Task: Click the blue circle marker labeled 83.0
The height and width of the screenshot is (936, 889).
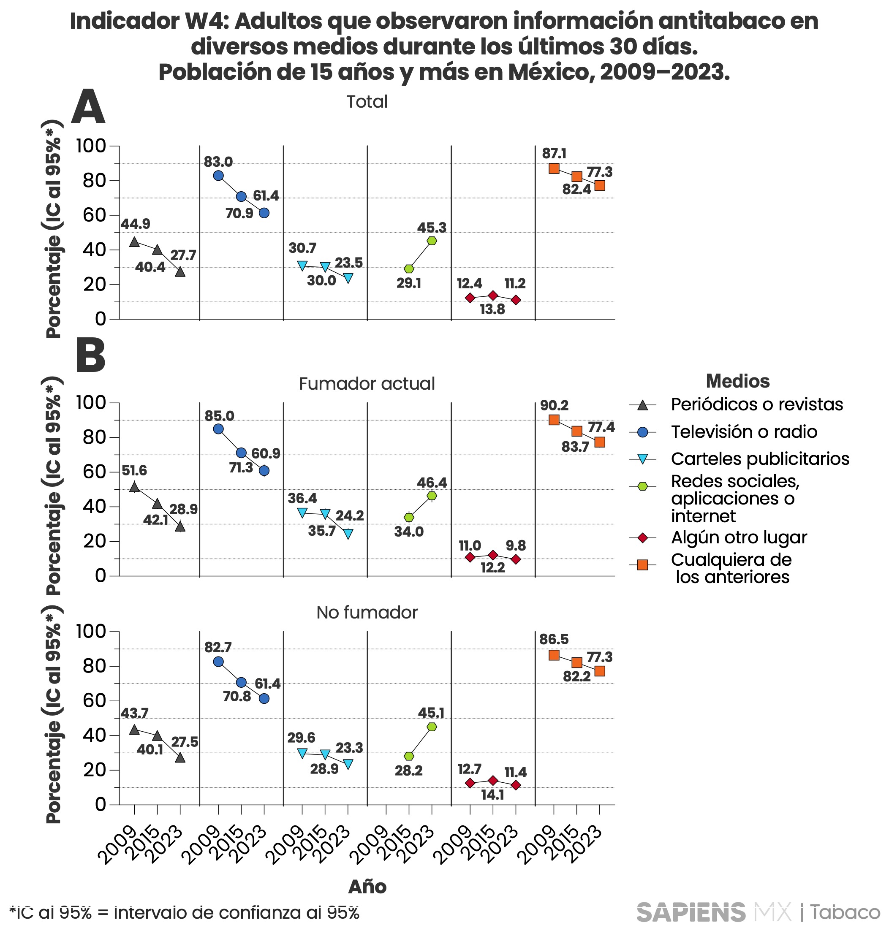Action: click(218, 175)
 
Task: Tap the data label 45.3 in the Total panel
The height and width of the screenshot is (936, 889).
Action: click(431, 228)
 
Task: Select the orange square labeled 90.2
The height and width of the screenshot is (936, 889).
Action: click(554, 420)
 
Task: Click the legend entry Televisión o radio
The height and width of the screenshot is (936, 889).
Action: click(744, 431)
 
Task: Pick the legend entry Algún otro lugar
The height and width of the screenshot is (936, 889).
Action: click(739, 537)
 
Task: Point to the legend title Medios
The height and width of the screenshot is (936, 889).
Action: click(737, 381)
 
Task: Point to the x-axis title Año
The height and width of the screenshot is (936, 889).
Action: click(367, 886)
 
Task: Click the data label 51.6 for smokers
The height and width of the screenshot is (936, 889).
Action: click(134, 470)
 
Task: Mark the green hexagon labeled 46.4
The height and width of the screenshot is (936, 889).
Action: click(432, 496)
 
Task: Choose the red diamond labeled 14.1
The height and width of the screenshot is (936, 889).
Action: click(492, 780)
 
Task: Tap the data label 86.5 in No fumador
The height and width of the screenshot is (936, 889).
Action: click(554, 640)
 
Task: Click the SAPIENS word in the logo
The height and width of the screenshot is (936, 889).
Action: click(691, 912)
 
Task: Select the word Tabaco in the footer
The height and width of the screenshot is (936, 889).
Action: click(845, 912)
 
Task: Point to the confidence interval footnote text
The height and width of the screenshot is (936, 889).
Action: click(184, 912)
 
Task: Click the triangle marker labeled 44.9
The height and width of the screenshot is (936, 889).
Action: click(134, 242)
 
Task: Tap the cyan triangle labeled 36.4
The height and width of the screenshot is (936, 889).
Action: click(302, 513)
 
